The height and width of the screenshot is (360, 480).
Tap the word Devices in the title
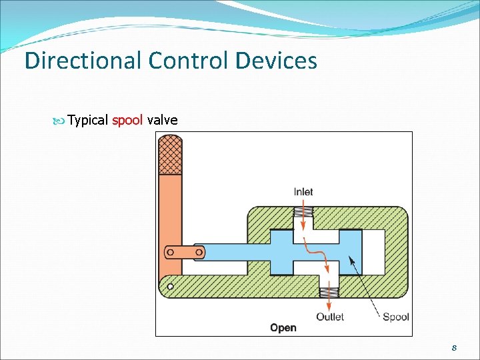tap(276, 61)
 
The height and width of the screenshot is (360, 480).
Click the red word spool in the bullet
tap(127, 120)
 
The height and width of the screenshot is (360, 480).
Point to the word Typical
tap(89, 121)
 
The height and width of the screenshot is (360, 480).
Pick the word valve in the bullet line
tap(162, 120)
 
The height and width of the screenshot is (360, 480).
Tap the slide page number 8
tap(453, 348)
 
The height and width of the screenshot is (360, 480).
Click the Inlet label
tap(303, 192)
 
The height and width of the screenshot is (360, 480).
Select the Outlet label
tap(330, 317)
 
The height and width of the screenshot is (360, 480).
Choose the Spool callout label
tap(396, 317)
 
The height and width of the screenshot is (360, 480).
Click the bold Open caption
tap(283, 327)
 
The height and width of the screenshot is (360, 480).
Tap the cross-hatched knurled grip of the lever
tap(169, 153)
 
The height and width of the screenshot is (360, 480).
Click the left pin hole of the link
tap(171, 252)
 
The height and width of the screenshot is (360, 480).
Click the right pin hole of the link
tap(197, 251)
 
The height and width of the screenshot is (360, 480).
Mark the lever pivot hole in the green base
tap(171, 287)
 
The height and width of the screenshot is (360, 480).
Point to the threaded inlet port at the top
tap(303, 215)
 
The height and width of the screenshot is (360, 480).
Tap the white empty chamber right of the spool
tap(373, 251)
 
